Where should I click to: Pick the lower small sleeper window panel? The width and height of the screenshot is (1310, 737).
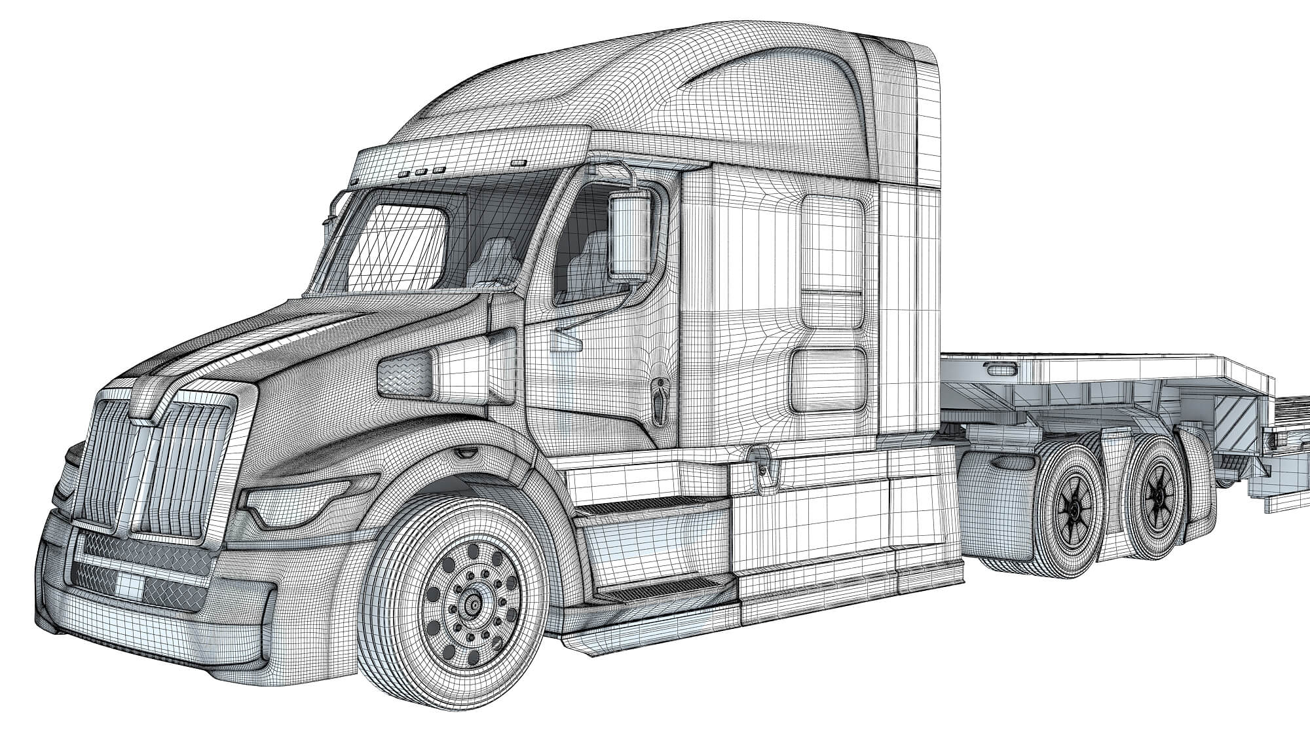tap(828, 381)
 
